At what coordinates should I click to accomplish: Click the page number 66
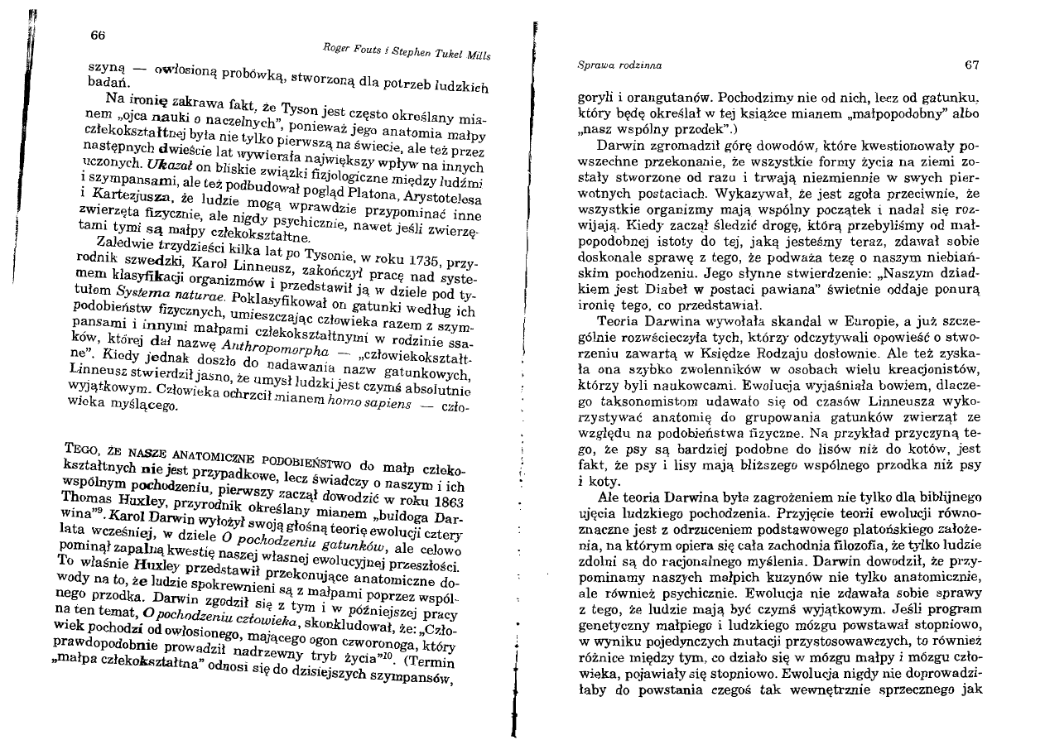98,34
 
